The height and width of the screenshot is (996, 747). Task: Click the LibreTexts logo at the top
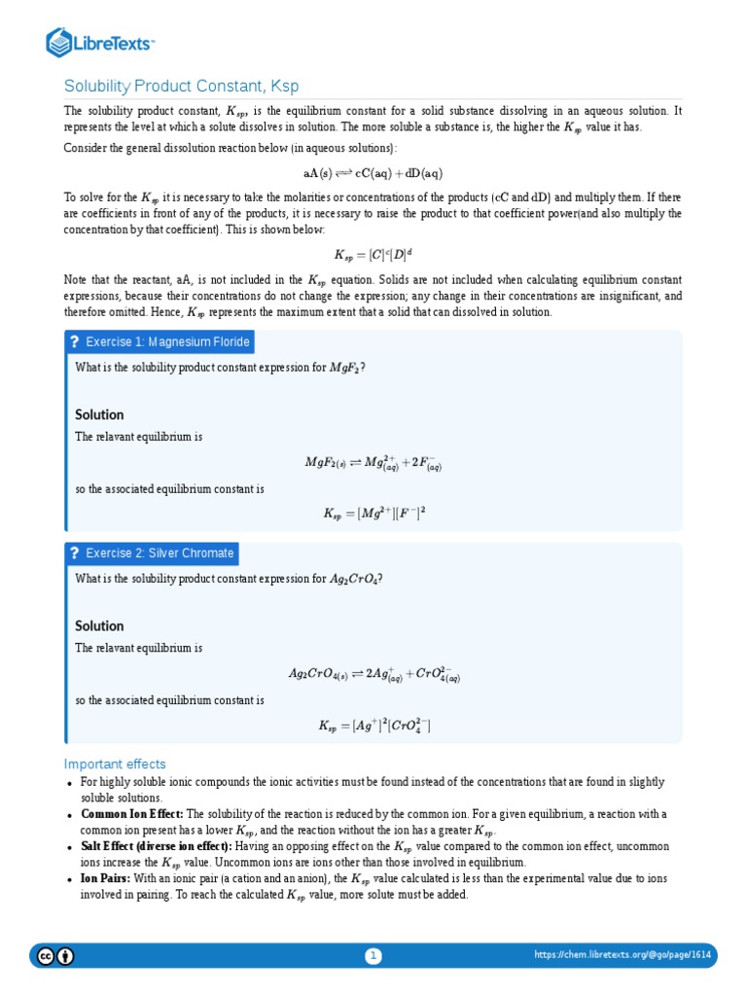point(100,42)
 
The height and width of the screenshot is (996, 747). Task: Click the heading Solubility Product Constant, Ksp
point(175,86)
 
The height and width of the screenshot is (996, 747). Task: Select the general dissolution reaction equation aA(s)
point(373,173)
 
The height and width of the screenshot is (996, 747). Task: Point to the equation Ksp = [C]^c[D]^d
point(373,255)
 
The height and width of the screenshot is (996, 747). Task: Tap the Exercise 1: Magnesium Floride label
point(167,341)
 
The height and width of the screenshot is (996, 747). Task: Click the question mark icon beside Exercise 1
point(74,341)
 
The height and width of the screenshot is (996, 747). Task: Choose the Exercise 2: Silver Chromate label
point(160,553)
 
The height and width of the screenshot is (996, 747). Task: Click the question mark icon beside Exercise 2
point(74,553)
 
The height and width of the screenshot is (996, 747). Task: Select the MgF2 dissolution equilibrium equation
point(373,463)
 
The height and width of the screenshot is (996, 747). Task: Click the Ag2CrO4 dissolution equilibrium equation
point(373,674)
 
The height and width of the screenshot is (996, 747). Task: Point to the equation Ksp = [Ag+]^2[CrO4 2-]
point(373,726)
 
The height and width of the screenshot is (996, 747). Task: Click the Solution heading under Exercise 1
point(99,414)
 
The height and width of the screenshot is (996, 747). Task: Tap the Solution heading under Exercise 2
point(99,625)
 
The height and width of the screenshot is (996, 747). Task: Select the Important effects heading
point(115,764)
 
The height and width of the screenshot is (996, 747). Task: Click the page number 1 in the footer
point(373,956)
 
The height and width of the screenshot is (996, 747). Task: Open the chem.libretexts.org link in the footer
point(622,956)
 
